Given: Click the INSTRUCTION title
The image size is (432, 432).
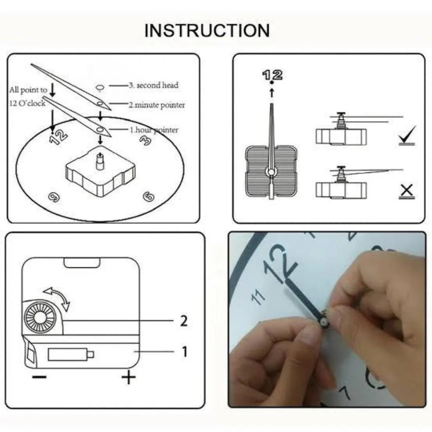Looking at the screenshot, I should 207,31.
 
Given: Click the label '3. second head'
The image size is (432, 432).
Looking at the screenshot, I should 153,86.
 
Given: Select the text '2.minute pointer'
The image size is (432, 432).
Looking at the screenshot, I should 156,105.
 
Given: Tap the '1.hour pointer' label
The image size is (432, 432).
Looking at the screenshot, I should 154,130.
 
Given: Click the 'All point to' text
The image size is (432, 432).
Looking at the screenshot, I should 28,90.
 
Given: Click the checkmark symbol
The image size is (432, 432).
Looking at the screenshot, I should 407,136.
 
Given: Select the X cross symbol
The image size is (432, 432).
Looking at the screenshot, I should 407,191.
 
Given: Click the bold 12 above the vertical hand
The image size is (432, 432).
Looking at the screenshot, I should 272,75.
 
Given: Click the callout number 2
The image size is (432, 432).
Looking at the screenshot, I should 184,321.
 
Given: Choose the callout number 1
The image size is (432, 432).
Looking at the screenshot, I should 184,352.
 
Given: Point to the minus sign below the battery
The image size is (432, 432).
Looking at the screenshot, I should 39,377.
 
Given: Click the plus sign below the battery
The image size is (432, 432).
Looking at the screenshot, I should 128,378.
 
